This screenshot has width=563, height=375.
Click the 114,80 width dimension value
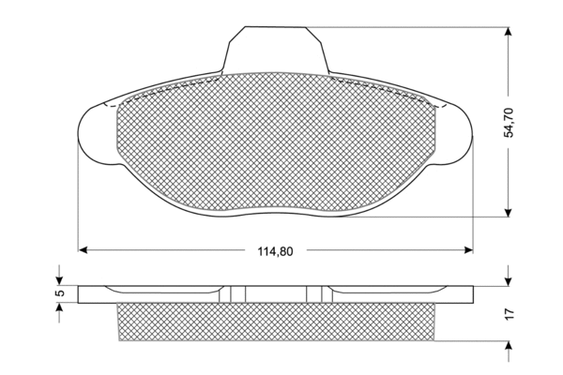coord(275,251)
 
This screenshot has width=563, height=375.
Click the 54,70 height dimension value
coord(509,123)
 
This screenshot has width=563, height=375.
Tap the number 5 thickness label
coord(61,292)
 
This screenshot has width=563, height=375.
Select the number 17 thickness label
coord(510,314)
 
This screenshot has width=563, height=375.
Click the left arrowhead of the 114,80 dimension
coord(83,249)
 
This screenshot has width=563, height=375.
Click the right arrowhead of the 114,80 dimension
coord(468,249)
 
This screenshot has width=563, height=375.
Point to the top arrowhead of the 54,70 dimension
coord(508,31)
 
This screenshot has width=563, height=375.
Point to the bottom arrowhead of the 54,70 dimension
coord(508,213)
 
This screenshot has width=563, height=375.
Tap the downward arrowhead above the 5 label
coord(60,281)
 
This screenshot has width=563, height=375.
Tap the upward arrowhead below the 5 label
coord(60,307)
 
